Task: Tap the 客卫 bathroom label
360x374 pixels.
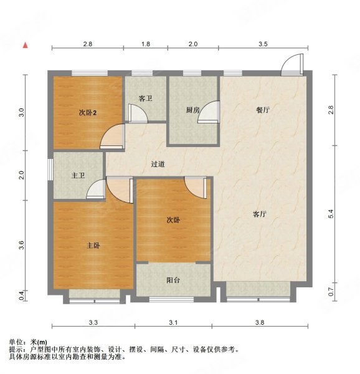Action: tap(146, 98)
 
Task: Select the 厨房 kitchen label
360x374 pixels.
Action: tap(192, 110)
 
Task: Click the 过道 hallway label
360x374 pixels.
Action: tap(158, 165)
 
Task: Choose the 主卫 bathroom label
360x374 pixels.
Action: tap(78, 176)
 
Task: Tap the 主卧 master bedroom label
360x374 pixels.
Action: tap(93, 246)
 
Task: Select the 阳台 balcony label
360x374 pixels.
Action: tap(173, 280)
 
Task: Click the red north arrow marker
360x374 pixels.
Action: tap(25, 46)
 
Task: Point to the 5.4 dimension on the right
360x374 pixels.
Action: tap(332, 213)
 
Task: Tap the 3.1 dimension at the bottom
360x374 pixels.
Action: tap(173, 323)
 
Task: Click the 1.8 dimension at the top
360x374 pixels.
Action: tap(145, 44)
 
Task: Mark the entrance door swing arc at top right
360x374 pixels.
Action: tap(291, 64)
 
